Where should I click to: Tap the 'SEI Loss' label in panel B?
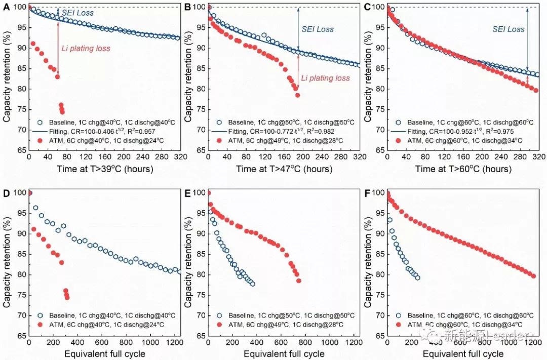318,29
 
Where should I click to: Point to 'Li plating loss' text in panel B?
325,78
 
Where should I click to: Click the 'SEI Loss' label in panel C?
509,29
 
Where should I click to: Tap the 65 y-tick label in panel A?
20,150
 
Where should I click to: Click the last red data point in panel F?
533,276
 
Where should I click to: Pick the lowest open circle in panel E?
252,284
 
